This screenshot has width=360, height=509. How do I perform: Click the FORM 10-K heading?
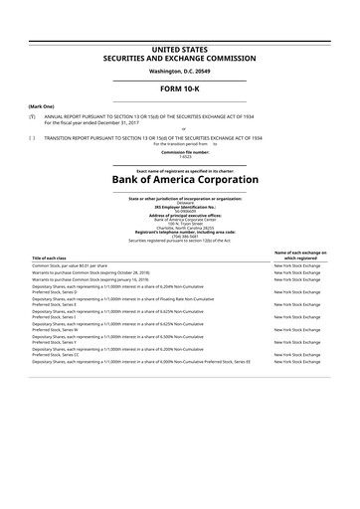pyautogui.click(x=180, y=89)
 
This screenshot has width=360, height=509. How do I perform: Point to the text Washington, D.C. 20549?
pyautogui.click(x=180, y=72)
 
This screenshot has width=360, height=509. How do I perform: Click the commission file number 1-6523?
pyautogui.click(x=179, y=155)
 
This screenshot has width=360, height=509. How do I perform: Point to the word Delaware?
pyautogui.click(x=180, y=202)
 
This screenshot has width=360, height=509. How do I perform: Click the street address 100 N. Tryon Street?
pyautogui.click(x=180, y=224)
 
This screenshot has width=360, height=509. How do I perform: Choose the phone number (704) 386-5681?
pyautogui.click(x=180, y=237)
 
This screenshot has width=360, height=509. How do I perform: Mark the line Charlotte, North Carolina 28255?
pyautogui.click(x=180, y=229)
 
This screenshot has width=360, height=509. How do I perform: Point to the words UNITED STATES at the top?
pyautogui.click(x=180, y=47)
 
